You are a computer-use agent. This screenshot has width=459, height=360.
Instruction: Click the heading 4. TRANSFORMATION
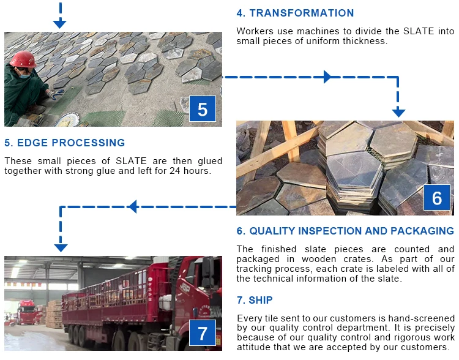click(x=295, y=13)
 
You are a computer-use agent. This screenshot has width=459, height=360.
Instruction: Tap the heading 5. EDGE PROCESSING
click(x=64, y=143)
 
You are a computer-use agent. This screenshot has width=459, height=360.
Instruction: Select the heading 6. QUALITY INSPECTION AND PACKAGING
click(x=345, y=231)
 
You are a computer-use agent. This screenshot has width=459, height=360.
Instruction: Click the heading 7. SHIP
click(x=255, y=300)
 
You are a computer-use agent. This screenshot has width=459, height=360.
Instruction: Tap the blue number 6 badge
click(x=437, y=198)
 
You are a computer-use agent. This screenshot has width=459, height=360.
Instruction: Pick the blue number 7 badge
click(x=203, y=333)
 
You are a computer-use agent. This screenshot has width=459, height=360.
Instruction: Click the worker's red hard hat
click(x=23, y=59)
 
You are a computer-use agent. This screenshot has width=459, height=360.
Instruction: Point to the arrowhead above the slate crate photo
click(x=398, y=112)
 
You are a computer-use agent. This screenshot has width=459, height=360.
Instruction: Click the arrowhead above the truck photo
click(x=60, y=247)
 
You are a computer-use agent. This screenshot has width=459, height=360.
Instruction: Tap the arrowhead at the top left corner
click(x=59, y=23)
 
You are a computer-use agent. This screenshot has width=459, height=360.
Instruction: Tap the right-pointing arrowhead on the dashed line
click(x=328, y=77)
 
